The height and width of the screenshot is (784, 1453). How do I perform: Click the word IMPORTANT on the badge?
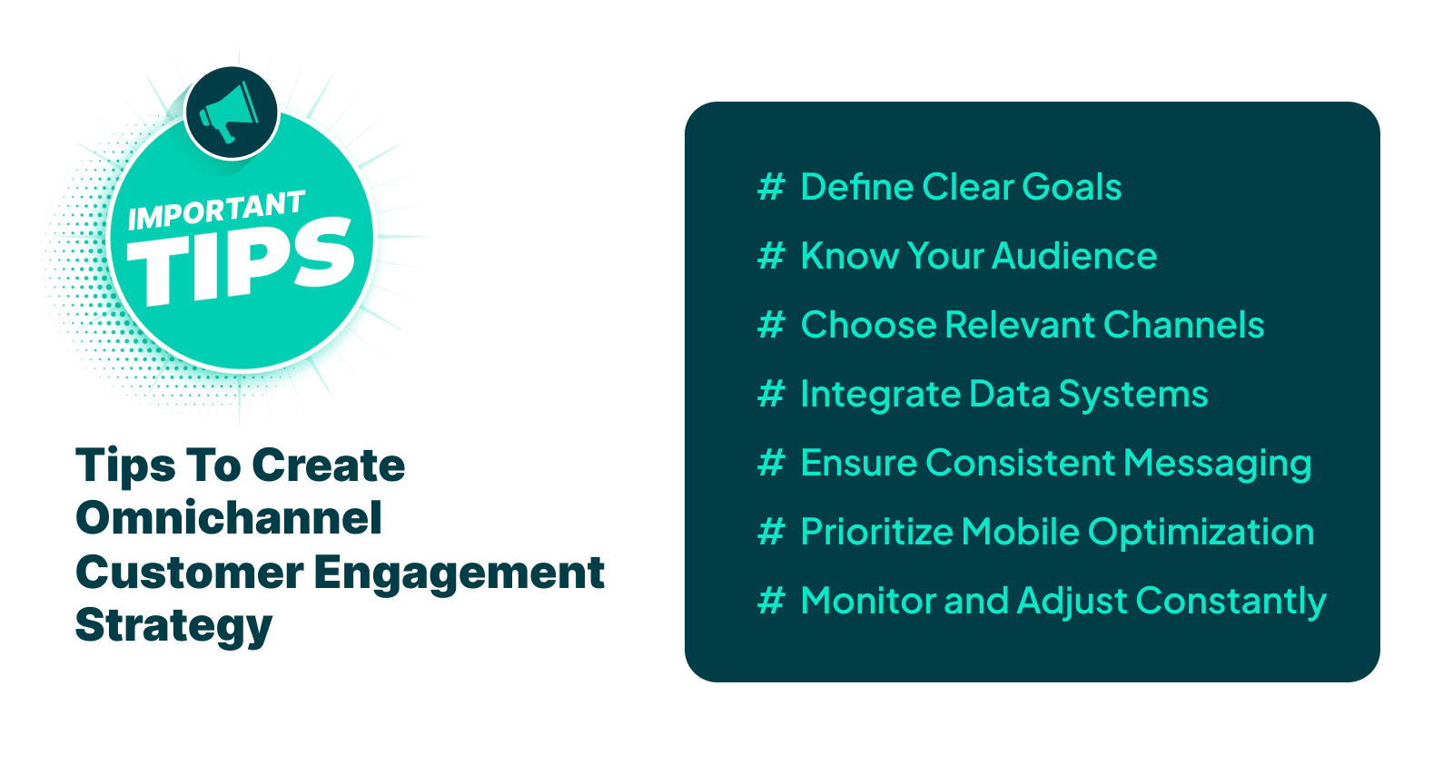(216, 211)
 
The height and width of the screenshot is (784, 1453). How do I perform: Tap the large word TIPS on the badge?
(240, 263)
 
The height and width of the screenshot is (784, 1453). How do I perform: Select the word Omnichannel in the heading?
(229, 518)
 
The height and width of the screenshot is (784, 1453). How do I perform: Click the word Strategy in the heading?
(173, 626)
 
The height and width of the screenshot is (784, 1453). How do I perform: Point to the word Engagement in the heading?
(460, 573)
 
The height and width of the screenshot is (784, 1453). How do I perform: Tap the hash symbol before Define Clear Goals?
(771, 187)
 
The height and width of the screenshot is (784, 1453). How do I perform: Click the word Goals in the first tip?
(1072, 187)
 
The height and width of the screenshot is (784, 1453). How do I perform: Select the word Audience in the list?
(1074, 256)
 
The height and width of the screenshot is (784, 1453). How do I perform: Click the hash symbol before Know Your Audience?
(771, 256)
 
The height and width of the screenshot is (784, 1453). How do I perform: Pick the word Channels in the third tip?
(1183, 325)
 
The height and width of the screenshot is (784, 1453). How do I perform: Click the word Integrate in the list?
(880, 394)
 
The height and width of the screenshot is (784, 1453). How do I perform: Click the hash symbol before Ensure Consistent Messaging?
(771, 463)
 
